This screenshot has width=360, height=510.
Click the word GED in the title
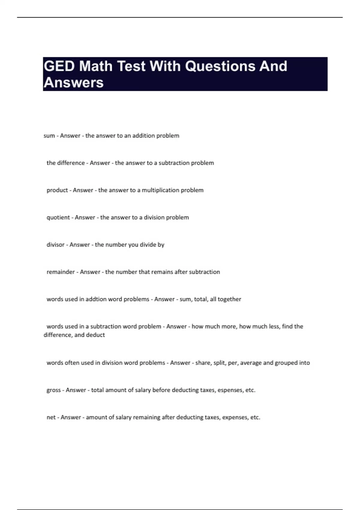click(x=59, y=66)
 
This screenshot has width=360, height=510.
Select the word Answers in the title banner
click(x=73, y=82)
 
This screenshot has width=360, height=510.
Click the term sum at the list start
click(x=49, y=136)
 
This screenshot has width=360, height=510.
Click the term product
click(x=57, y=190)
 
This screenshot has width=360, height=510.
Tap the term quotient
click(x=58, y=217)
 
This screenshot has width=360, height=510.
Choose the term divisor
click(x=55, y=245)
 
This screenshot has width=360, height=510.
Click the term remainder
click(x=60, y=272)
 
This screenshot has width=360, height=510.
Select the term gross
click(x=53, y=390)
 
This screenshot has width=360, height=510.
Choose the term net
click(x=51, y=417)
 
